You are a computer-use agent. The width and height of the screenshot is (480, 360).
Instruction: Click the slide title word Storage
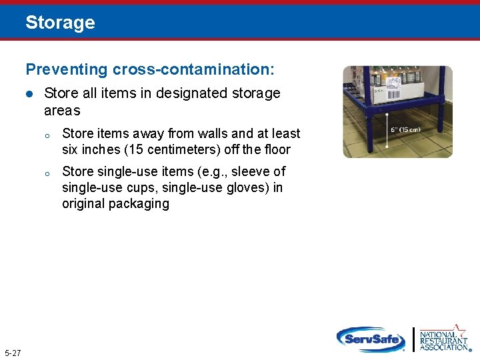pos(60,23)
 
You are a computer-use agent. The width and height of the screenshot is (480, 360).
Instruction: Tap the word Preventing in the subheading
pos(57,69)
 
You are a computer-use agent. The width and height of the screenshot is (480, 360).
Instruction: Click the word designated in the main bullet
pos(195,93)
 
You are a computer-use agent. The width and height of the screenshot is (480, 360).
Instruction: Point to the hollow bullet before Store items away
pos(47,135)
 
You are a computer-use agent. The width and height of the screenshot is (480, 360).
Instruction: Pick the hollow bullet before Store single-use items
pos(47,173)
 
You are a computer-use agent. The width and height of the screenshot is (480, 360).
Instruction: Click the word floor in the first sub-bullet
pos(277,149)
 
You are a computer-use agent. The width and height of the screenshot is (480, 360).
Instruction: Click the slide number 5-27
pos(12,352)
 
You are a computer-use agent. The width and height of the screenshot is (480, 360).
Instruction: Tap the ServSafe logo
pos(371,339)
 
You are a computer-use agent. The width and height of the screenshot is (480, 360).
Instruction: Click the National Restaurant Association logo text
pos(443,340)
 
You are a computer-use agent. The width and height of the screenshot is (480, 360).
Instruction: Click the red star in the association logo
pos(459,329)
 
